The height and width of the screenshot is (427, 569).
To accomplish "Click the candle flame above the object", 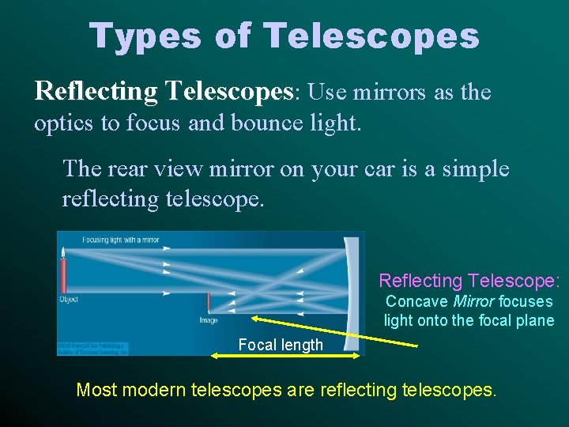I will tap(63, 251).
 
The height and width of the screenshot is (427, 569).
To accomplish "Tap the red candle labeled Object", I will tap(63, 275).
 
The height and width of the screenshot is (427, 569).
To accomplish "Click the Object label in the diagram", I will tap(69, 300).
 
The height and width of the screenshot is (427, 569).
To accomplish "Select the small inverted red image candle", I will tap(209, 304).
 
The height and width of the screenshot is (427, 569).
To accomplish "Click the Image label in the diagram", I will tap(208, 320).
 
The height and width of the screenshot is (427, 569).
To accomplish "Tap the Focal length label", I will tap(281, 345).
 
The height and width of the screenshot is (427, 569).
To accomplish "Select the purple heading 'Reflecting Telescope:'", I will tap(469, 281).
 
